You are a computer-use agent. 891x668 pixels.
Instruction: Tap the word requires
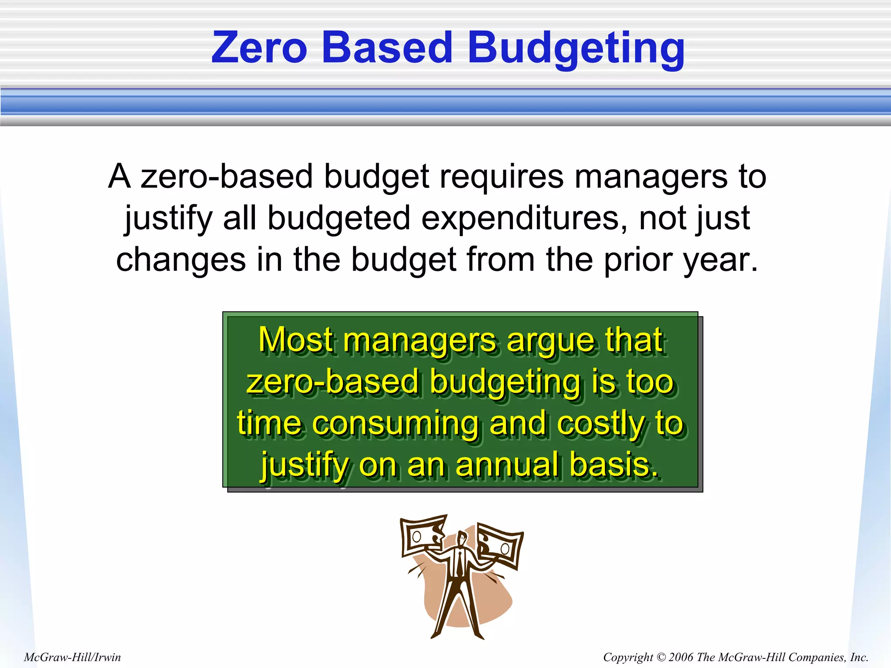(501, 177)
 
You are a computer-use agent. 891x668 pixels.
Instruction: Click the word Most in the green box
(297, 340)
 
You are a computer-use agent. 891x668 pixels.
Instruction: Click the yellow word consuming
(395, 423)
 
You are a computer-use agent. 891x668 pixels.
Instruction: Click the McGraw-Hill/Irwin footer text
(72, 657)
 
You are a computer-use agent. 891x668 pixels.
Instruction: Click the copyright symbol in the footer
(661, 657)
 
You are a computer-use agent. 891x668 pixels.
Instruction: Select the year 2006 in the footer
(681, 657)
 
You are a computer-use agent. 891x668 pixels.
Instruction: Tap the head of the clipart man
(462, 538)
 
